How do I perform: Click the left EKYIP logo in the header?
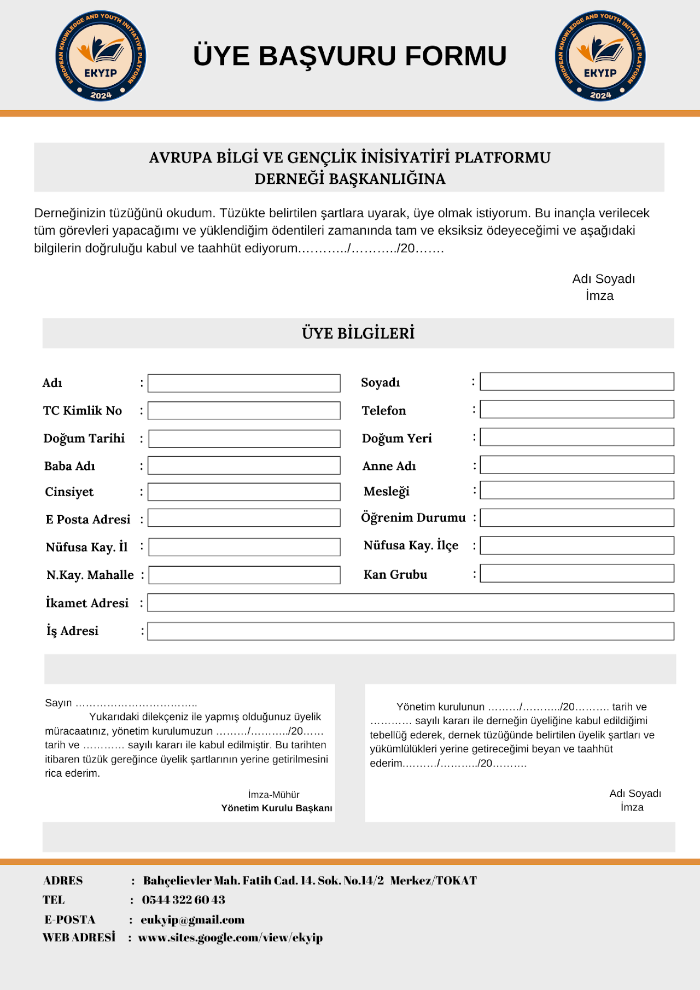click(101, 56)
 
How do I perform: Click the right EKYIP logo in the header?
click(600, 56)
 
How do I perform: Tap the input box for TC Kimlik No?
click(244, 411)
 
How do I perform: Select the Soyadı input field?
click(576, 382)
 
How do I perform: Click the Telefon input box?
click(576, 410)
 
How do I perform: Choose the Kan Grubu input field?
click(576, 574)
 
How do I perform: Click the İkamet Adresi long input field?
click(410, 603)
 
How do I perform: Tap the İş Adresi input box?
click(410, 631)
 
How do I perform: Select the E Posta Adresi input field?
click(244, 518)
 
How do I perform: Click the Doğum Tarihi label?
click(84, 439)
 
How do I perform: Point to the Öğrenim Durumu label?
click(413, 517)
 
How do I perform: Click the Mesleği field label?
click(387, 491)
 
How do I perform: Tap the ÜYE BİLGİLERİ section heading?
click(358, 333)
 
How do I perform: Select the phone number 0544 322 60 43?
click(183, 900)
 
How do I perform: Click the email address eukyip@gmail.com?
click(192, 920)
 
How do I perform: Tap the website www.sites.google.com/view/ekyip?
click(230, 937)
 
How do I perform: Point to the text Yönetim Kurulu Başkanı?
click(277, 808)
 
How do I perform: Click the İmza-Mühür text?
click(273, 795)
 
